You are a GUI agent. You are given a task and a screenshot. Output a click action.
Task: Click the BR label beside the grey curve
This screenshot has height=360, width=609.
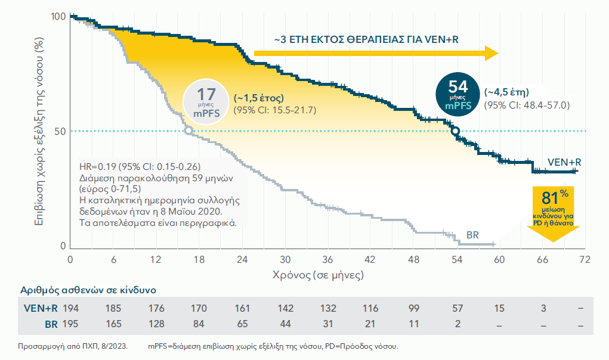(x=472, y=235)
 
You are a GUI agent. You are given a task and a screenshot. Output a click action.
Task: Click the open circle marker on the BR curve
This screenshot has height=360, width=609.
(x=188, y=131)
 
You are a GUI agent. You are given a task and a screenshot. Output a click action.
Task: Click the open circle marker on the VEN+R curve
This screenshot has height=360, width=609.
(x=455, y=131)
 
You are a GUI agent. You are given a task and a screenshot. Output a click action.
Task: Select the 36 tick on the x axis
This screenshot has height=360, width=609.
(x=327, y=260)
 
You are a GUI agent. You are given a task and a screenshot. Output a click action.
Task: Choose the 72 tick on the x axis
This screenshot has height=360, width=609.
(x=585, y=260)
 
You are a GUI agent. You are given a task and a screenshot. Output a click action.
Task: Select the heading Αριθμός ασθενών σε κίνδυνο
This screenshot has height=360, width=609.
(x=88, y=290)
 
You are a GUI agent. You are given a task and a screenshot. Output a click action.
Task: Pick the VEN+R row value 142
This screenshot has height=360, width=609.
(x=286, y=308)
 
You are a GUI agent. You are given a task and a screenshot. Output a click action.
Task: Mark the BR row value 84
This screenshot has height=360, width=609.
(x=199, y=324)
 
